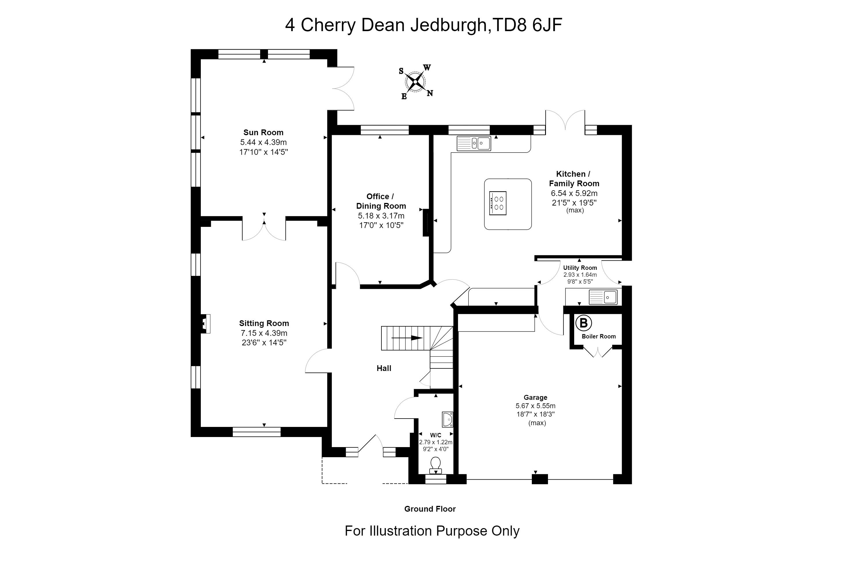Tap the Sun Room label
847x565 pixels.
[263, 133]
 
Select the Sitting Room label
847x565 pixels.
[264, 323]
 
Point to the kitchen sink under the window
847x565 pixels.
[474, 143]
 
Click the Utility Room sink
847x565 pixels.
[603, 297]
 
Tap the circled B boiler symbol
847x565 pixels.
[583, 323]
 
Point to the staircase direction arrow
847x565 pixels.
[407, 338]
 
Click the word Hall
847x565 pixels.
[384, 368]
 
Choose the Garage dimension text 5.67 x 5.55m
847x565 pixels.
[536, 406]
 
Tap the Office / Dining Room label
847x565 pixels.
[381, 201]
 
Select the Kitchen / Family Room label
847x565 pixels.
[574, 179]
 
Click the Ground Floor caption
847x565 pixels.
[430, 509]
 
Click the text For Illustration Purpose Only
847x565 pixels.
[432, 531]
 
